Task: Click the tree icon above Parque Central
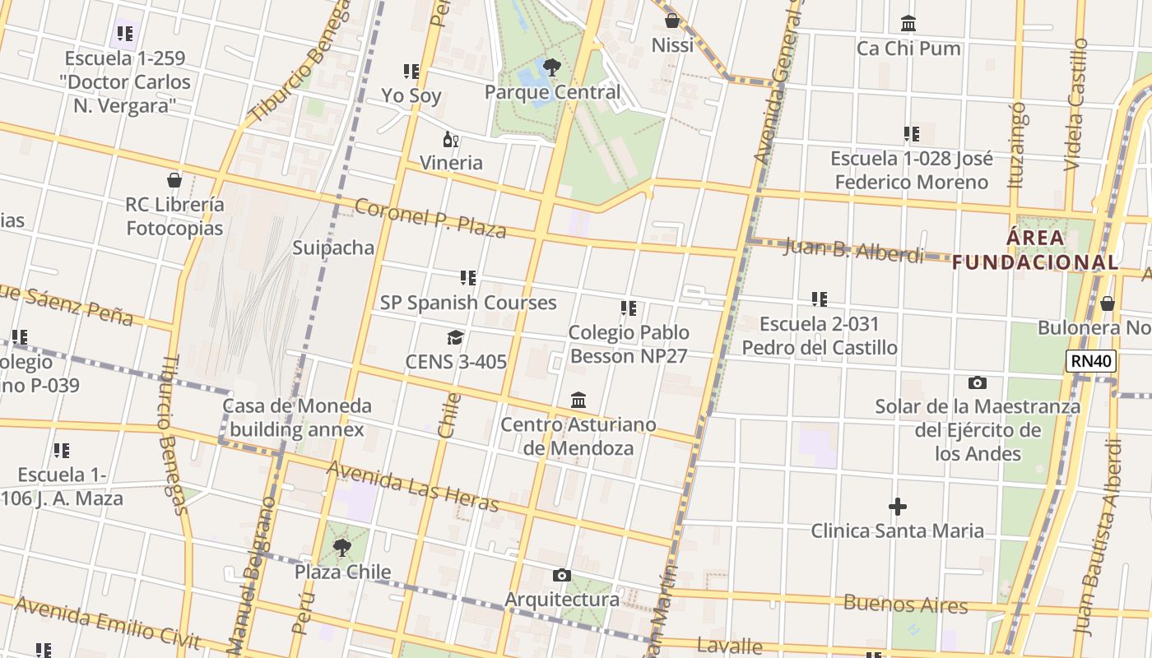551,67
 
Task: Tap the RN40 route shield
1091,360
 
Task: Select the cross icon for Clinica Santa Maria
898,506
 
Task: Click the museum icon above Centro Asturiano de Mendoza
578,400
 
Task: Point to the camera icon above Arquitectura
562,575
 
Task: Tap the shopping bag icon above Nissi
672,21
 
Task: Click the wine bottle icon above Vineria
450,139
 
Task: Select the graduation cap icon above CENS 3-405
455,337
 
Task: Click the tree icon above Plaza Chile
342,547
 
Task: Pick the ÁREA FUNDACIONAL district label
1036,250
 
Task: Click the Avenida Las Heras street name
413,485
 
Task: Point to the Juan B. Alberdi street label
853,248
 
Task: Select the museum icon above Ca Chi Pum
908,23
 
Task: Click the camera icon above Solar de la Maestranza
978,382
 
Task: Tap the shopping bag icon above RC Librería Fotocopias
174,179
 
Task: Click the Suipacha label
333,248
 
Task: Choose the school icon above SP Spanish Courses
468,278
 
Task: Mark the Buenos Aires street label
905,604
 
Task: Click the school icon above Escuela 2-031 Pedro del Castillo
820,299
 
